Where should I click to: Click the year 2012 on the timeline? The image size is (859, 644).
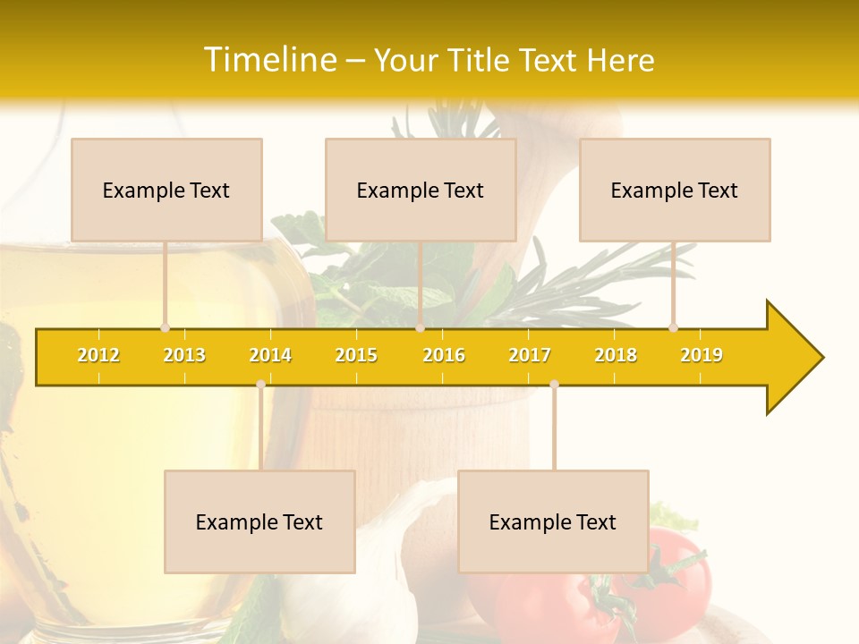[x=98, y=355]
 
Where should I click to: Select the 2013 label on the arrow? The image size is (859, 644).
[x=184, y=355]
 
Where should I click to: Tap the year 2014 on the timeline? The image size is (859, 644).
[x=270, y=355]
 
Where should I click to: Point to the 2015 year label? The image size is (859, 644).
[x=356, y=355]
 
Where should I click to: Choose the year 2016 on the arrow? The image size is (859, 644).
[x=444, y=355]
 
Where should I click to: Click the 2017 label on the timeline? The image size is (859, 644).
[x=530, y=355]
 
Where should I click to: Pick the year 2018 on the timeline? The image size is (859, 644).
[x=616, y=355]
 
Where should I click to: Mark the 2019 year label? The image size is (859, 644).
[x=702, y=355]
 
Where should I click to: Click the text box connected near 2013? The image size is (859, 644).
[x=166, y=190]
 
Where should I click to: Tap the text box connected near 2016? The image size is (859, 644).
[x=421, y=190]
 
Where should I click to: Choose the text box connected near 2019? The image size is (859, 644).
[x=675, y=190]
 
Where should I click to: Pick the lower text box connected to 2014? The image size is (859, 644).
[x=259, y=521]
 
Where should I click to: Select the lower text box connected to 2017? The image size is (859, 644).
[x=553, y=521]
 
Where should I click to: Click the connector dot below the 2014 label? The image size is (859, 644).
[x=260, y=385]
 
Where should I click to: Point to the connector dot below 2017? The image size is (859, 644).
[x=554, y=385]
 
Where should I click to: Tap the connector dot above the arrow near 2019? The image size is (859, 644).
[x=673, y=327]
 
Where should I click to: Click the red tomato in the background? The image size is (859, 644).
[x=671, y=581]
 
